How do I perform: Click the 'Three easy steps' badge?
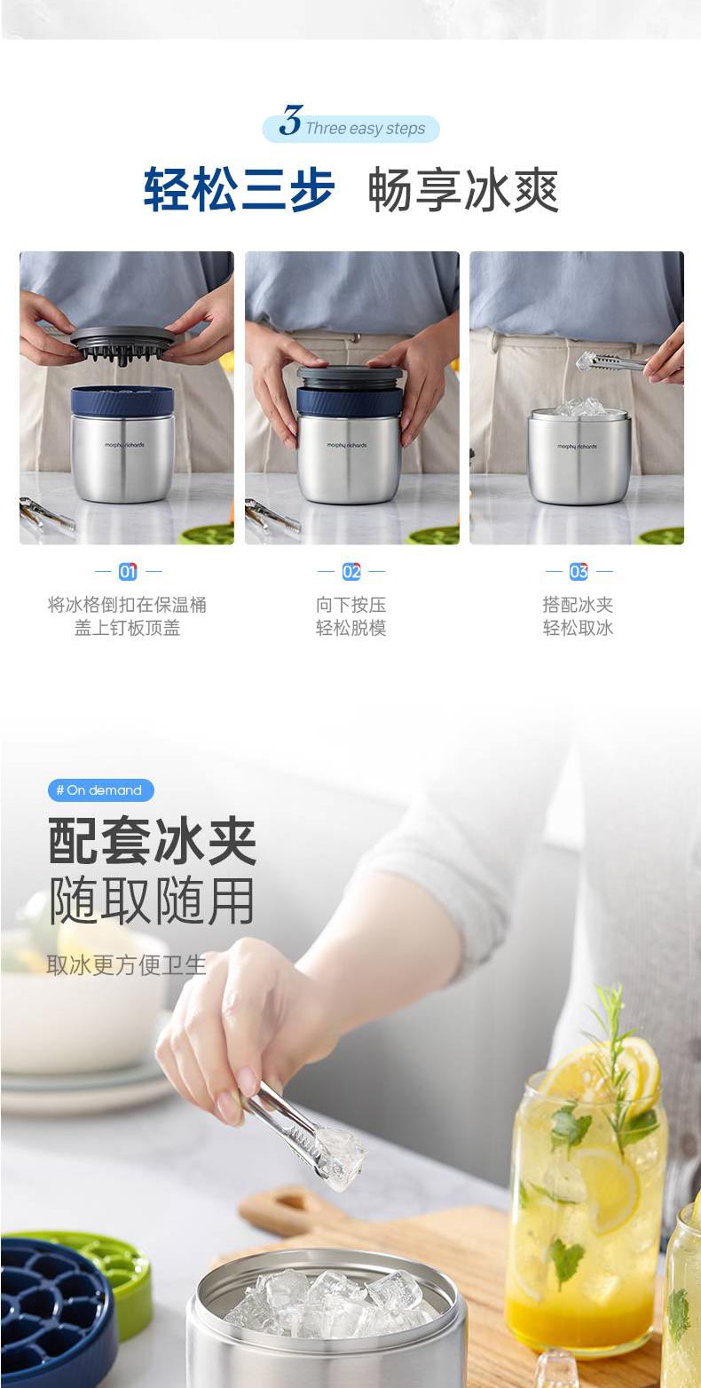[x=351, y=128]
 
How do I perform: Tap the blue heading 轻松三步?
[x=239, y=190]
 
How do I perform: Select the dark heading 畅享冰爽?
[x=463, y=190]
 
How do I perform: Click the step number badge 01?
[x=128, y=571]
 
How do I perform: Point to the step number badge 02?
[x=351, y=571]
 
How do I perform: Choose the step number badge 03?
[x=579, y=571]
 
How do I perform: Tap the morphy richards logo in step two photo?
[x=347, y=445]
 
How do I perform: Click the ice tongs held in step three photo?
[x=611, y=361]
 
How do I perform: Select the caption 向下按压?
[x=351, y=604]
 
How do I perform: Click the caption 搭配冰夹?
[x=578, y=604]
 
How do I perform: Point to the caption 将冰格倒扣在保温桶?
[x=127, y=604]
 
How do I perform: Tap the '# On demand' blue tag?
[x=100, y=790]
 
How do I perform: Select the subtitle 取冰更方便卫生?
[x=126, y=964]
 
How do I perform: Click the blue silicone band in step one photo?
[x=122, y=401]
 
